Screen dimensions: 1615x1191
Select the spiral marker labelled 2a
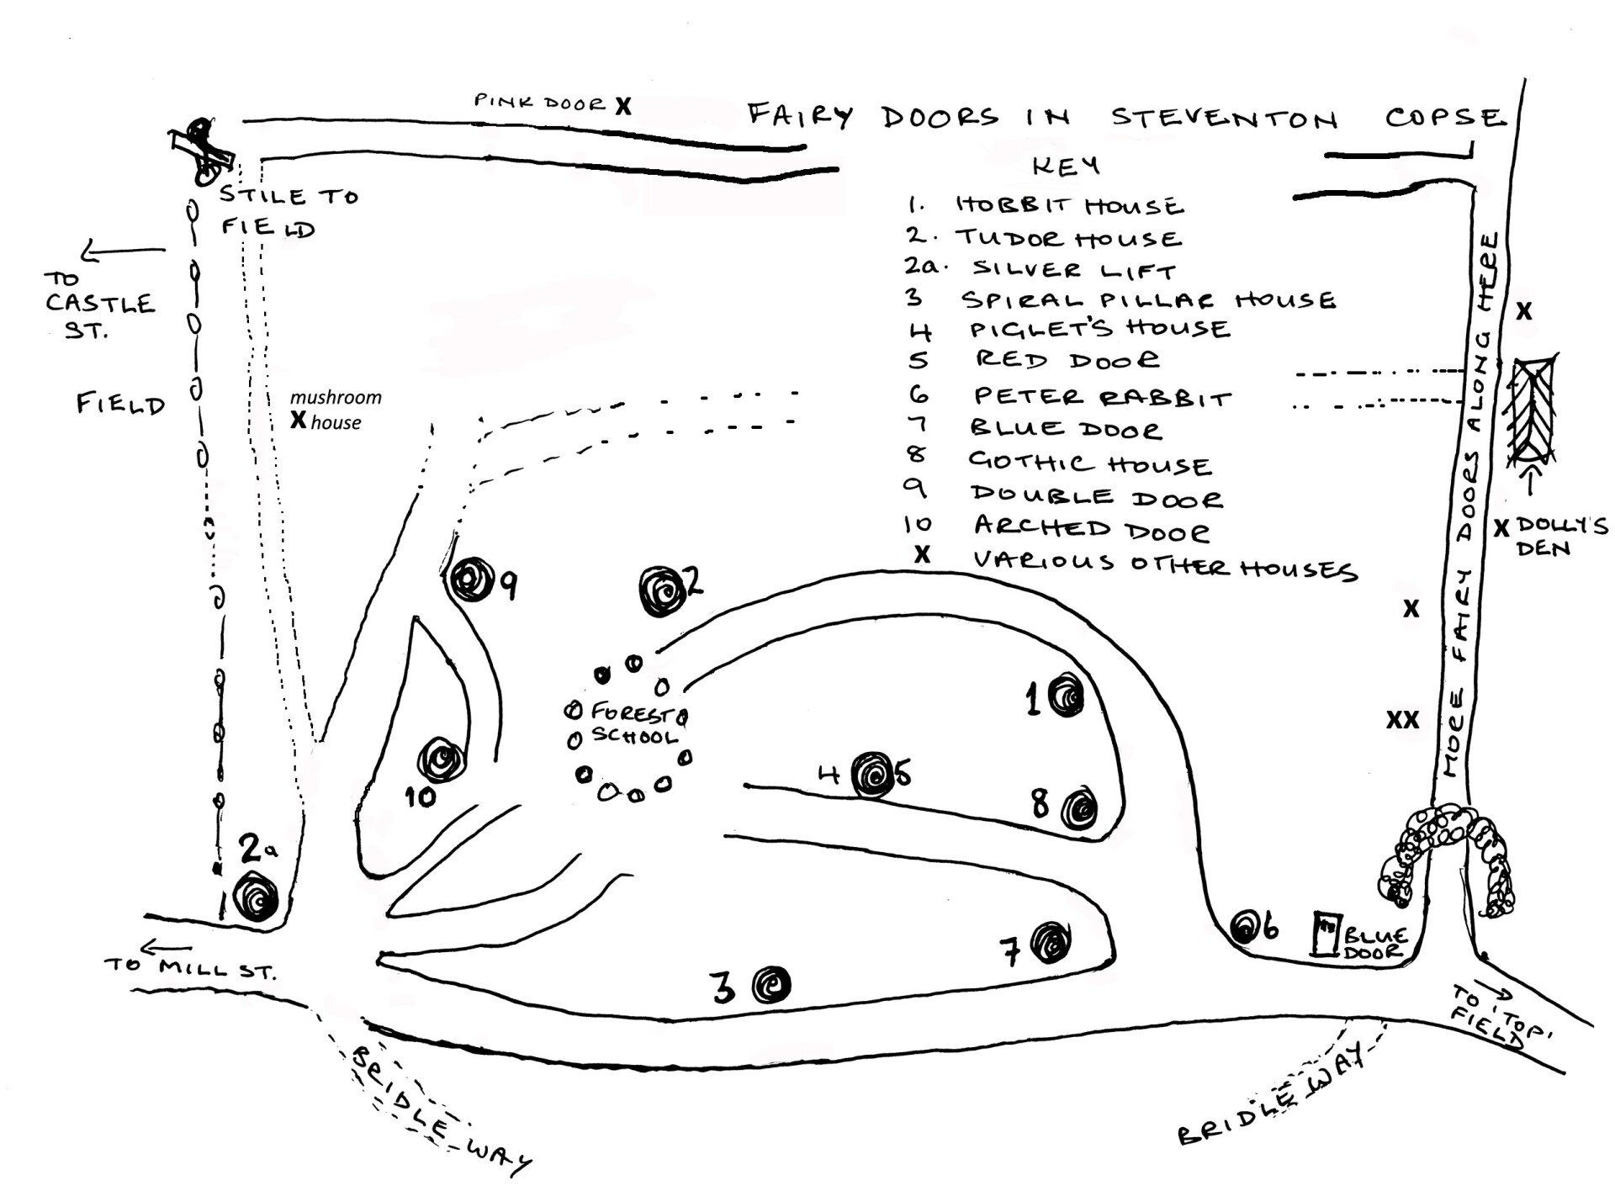(257, 897)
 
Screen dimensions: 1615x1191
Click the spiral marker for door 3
(771, 984)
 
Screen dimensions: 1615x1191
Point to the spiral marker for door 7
(1050, 942)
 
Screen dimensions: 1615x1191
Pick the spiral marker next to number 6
(1245, 928)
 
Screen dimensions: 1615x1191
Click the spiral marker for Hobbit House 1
(1064, 695)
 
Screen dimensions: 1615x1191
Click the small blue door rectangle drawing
(1326, 934)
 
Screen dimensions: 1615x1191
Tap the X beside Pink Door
(622, 106)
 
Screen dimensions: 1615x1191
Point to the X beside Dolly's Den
(1501, 528)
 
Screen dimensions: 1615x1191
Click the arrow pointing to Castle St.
(124, 251)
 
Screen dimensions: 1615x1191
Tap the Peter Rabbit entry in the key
(1102, 396)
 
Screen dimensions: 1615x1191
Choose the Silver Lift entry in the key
(1074, 270)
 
